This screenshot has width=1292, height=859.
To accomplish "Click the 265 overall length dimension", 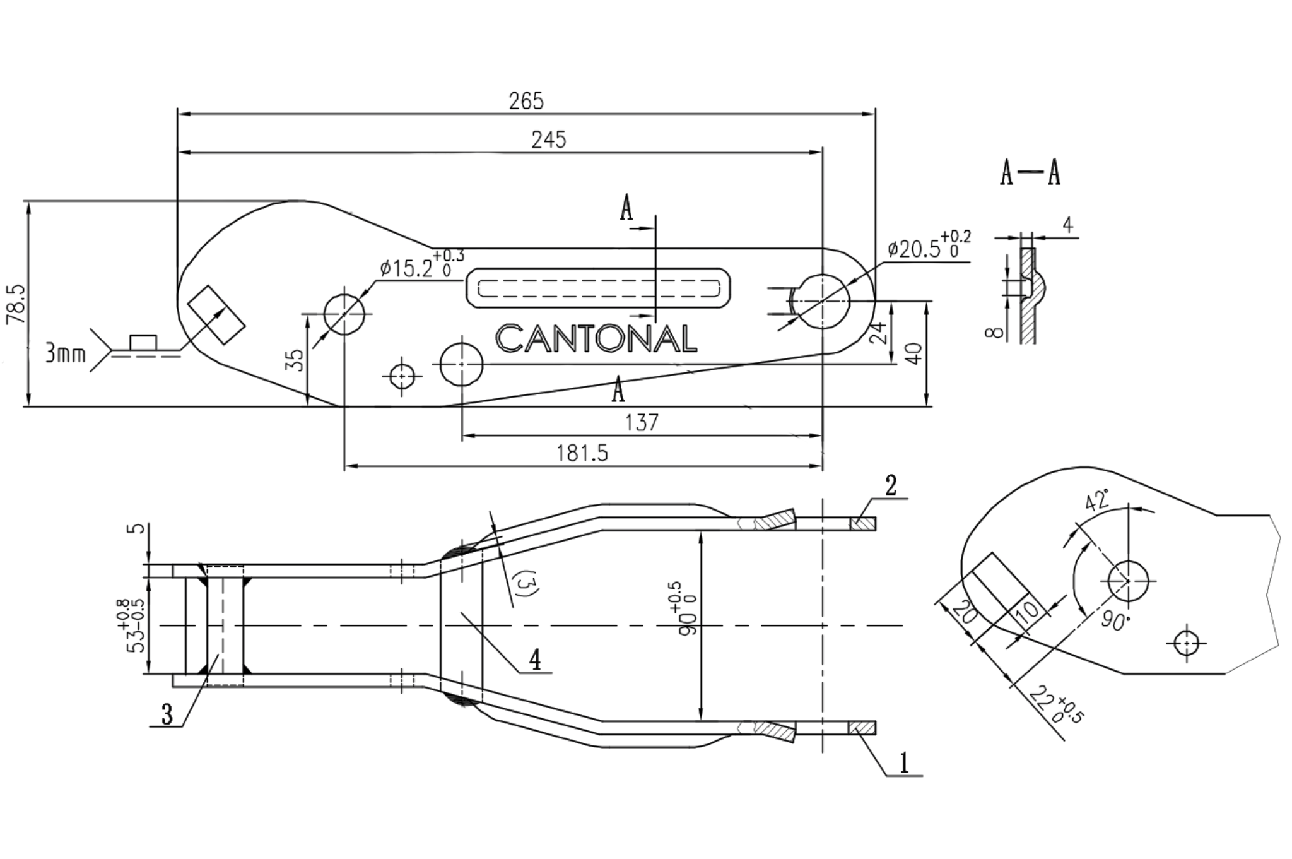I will (x=526, y=101).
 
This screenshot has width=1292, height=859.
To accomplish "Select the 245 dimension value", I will (x=548, y=139).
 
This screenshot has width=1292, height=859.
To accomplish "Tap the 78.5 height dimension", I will (x=15, y=304).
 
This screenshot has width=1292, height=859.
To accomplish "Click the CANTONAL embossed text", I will (x=596, y=338).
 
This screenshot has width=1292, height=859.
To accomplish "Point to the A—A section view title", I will (x=1030, y=172).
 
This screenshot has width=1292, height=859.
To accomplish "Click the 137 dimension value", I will (x=642, y=422).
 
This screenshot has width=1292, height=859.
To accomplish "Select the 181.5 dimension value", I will (x=582, y=453).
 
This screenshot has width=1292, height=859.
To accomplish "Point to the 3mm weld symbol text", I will (x=65, y=353).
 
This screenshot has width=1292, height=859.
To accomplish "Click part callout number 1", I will (x=904, y=762).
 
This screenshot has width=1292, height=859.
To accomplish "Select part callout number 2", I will (x=891, y=486).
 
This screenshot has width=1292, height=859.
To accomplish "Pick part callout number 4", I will (x=534, y=660).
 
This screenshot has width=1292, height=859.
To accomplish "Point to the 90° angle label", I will (x=1115, y=620).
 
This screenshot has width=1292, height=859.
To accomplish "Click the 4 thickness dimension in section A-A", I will (x=1067, y=225).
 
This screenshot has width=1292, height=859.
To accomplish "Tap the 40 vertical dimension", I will (x=914, y=352).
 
